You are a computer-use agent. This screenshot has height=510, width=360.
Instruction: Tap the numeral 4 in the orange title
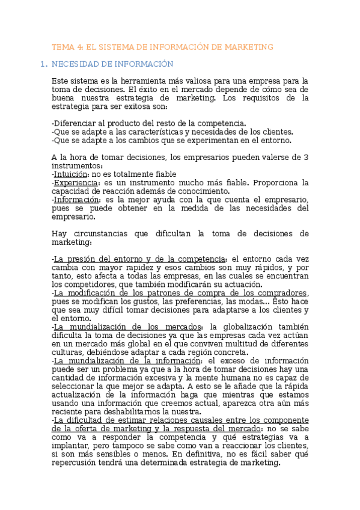pyautogui.click(x=80, y=46)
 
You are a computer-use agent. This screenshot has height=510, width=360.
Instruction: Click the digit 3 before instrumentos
pyautogui.click(x=306, y=158)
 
